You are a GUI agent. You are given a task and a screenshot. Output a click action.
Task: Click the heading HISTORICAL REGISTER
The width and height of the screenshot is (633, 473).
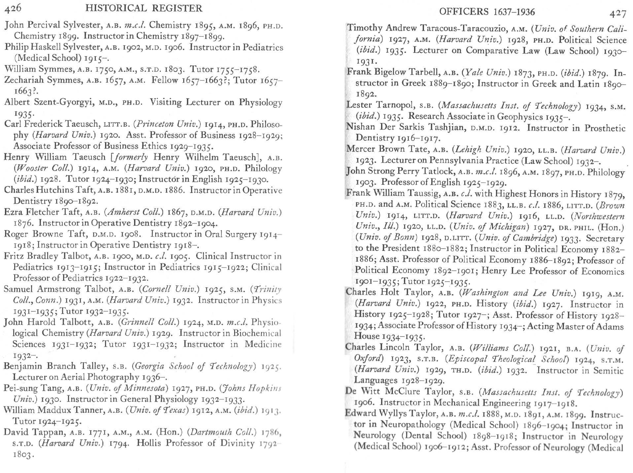(144, 8)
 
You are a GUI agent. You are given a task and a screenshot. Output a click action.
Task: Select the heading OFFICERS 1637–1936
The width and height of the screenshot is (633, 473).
(487, 12)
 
